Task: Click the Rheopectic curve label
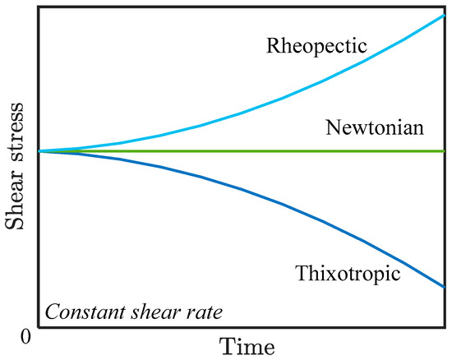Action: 316,45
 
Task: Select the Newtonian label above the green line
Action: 374,128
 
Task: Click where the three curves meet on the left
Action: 39,151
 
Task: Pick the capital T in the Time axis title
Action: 226,345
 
